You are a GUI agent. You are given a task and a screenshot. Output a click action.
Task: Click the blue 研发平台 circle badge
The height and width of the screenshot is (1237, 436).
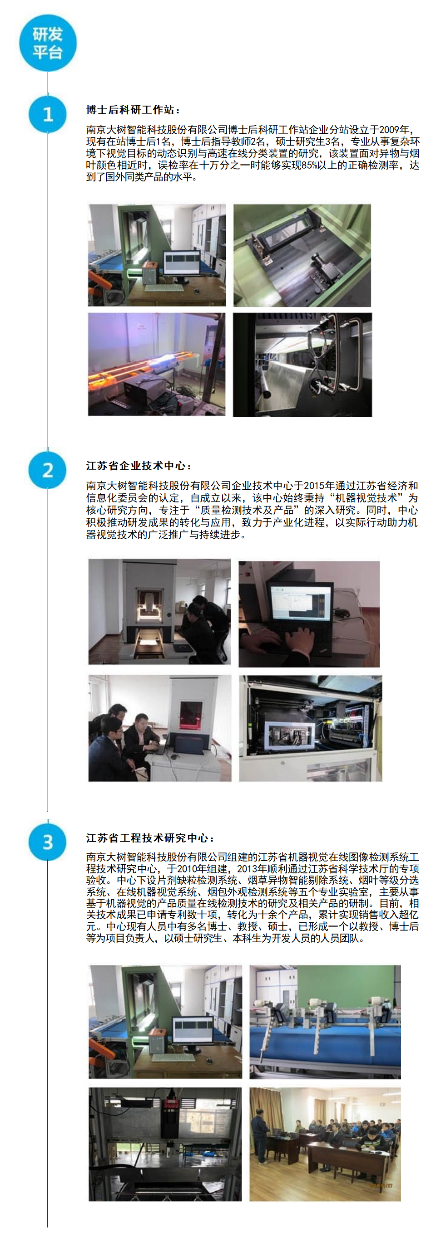pyautogui.click(x=48, y=43)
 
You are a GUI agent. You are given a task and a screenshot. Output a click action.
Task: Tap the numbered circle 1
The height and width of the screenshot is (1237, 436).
pyautogui.click(x=48, y=114)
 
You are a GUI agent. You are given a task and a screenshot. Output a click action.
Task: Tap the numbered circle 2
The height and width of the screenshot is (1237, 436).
pyautogui.click(x=48, y=470)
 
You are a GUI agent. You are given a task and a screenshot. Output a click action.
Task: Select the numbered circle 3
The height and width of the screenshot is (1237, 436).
pyautogui.click(x=48, y=842)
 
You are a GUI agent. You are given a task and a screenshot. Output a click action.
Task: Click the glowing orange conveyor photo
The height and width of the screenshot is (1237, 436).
pyautogui.click(x=157, y=365)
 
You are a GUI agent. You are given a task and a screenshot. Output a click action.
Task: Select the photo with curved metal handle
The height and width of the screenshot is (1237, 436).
pyautogui.click(x=302, y=365)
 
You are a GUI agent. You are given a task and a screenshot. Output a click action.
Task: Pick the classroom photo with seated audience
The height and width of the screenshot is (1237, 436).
pyautogui.click(x=325, y=1145)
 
